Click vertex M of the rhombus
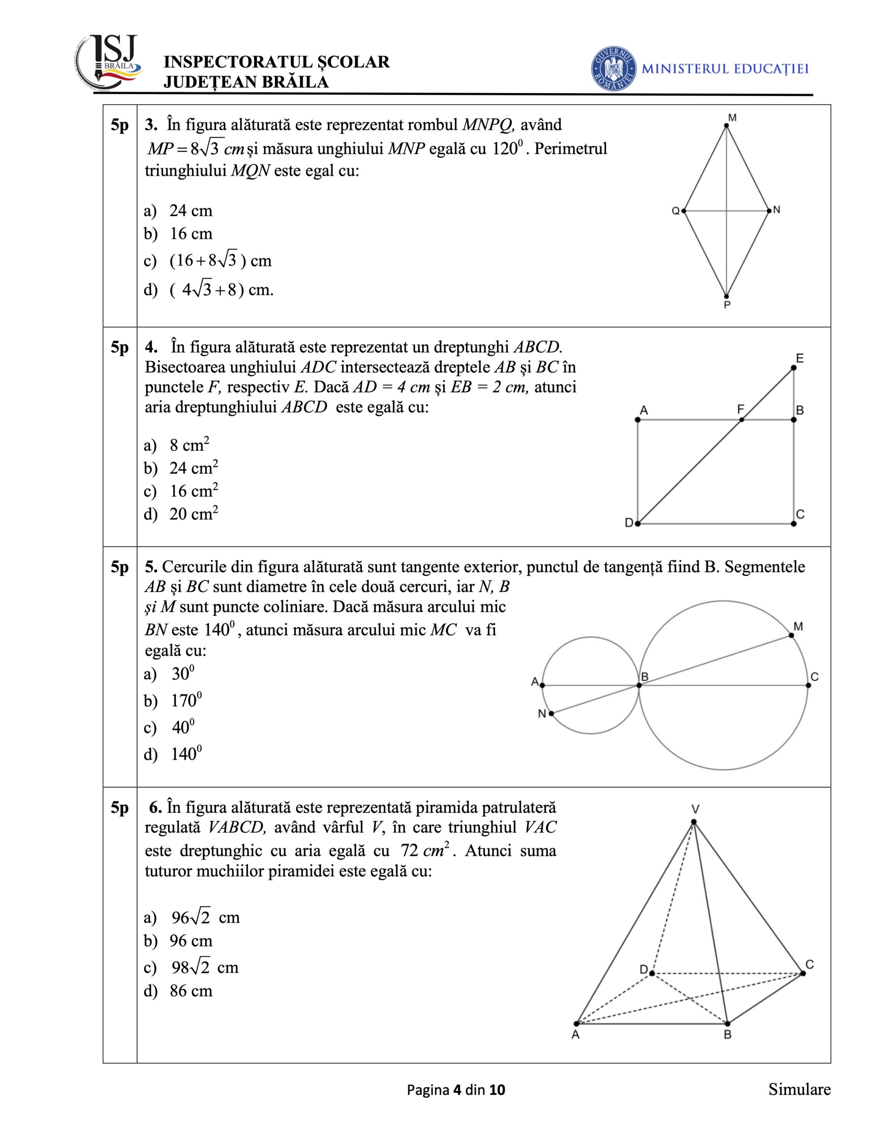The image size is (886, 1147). [727, 125]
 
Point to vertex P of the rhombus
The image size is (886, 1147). [727, 296]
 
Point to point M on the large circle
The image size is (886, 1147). [791, 635]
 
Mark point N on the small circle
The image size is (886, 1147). [551, 713]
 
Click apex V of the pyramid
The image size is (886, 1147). [694, 822]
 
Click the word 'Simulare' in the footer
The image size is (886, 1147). [800, 1090]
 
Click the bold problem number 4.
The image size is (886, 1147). [151, 347]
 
